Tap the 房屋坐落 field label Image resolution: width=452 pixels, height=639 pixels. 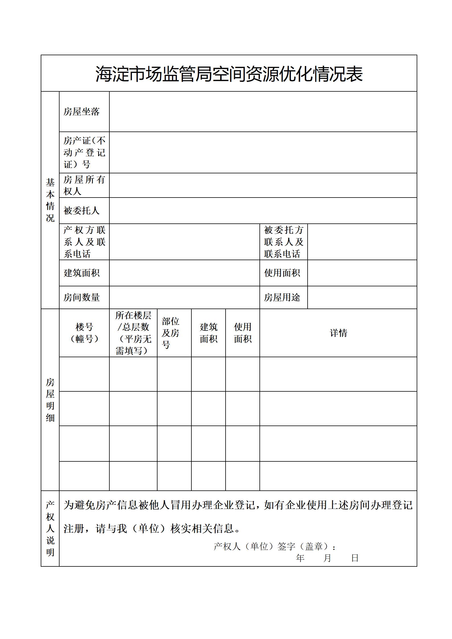81,112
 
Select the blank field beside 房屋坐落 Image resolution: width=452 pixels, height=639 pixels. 263,112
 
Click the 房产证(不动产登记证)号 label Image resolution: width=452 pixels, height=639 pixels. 84,152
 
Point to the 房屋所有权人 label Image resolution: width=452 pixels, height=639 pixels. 84,185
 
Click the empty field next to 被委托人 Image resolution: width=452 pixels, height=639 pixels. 263,211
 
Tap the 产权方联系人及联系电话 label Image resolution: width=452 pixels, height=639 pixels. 84,242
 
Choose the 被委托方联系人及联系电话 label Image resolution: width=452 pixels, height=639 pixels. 284,242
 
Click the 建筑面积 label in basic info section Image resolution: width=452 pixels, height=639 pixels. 81,273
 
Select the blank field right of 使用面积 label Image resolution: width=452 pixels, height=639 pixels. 362,273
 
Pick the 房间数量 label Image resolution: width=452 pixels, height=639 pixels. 81,297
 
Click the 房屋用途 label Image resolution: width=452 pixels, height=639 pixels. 282,297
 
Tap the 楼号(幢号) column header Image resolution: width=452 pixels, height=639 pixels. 84,333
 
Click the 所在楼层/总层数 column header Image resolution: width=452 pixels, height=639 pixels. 133,333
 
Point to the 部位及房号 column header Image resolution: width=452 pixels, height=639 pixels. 171,333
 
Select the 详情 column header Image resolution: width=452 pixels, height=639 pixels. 338,333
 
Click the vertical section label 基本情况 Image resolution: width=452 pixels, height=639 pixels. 50,200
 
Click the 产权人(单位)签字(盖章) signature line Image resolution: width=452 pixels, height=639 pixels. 275,546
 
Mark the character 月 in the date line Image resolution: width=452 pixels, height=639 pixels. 327,558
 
